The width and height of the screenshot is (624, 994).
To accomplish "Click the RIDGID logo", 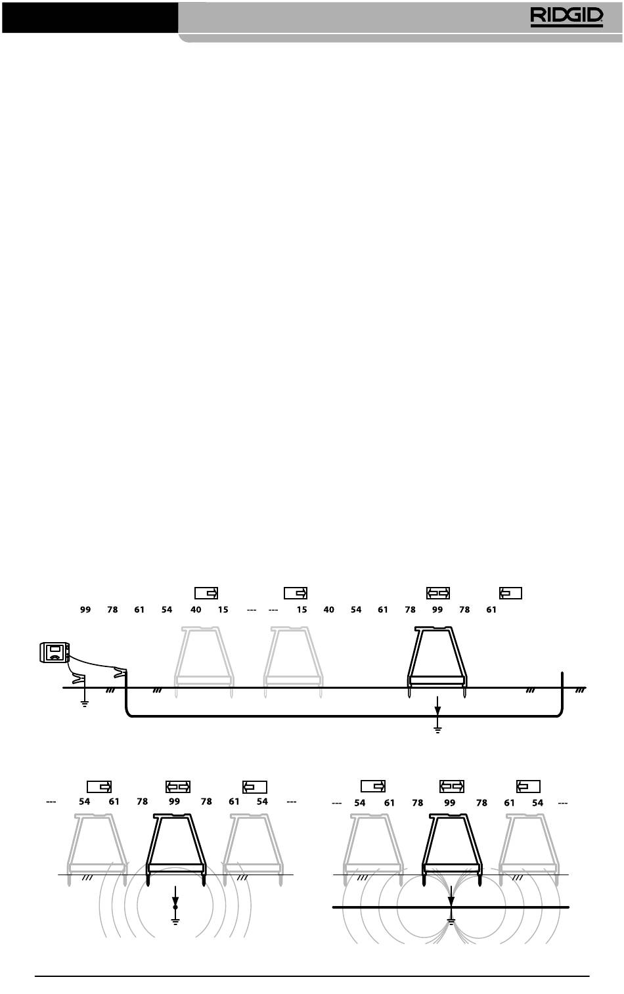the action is click(567, 17).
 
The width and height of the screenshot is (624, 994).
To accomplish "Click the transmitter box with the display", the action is click(55, 652).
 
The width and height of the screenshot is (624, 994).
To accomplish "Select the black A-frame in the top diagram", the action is click(437, 660).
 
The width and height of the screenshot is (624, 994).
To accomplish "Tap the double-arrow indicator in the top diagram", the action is click(438, 594).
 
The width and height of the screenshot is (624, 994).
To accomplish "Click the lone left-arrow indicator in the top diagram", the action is click(510, 594).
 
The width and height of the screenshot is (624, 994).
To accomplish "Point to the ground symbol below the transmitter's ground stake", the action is click(84, 703).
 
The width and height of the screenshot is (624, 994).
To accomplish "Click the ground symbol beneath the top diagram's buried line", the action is click(437, 729).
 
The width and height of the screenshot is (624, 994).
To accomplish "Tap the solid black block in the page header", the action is click(90, 17).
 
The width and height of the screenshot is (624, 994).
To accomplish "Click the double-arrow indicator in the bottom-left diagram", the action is click(178, 787).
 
